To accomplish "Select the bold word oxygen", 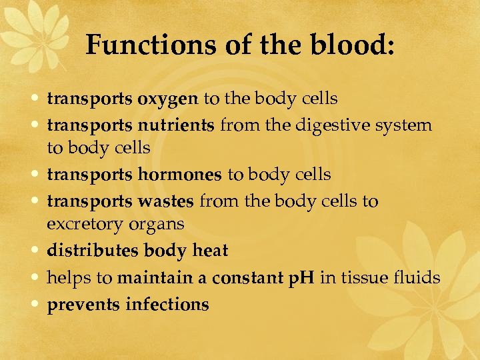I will pyautogui.click(x=168, y=99).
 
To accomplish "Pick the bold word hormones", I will pyautogui.click(x=180, y=175).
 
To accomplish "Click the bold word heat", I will pyautogui.click(x=210, y=251).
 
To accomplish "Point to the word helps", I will pyautogui.click(x=65, y=277).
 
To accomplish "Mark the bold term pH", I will pyautogui.click(x=301, y=277).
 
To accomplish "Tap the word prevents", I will pyautogui.click(x=83, y=305).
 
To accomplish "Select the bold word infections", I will pyautogui.click(x=167, y=305).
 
